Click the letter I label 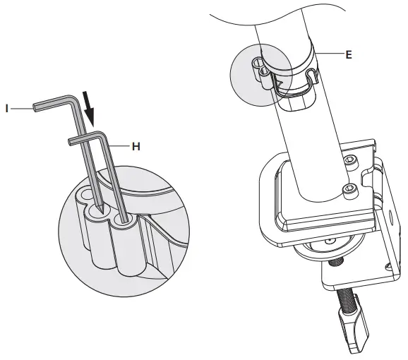pyautogui.click(x=6, y=108)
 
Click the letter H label pyautogui.click(x=136, y=146)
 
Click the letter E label pyautogui.click(x=348, y=53)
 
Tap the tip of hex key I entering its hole pyautogui.click(x=102, y=209)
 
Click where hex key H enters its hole pyautogui.click(x=126, y=220)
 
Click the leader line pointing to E pyautogui.click(x=330, y=54)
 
